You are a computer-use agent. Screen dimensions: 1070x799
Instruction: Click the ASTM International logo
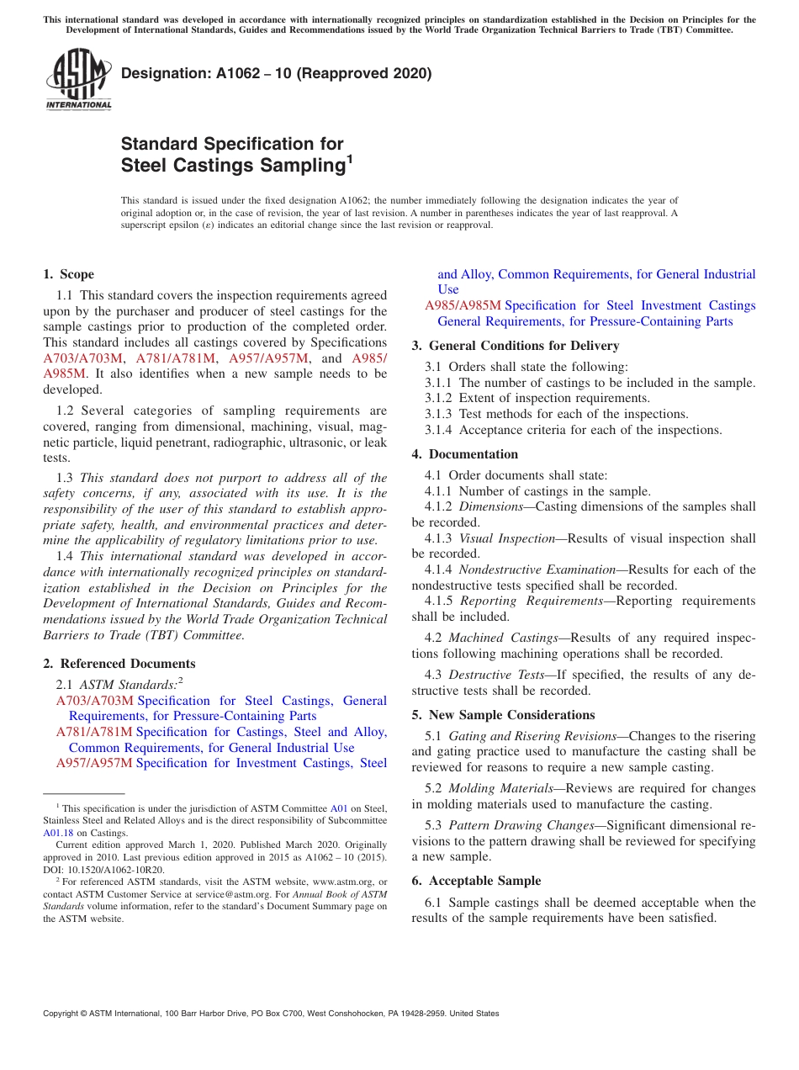78,81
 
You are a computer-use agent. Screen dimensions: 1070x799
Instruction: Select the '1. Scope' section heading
69,274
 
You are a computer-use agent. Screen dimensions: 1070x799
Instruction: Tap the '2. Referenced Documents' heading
119,664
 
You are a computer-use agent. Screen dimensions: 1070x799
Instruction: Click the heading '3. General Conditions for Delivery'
516,346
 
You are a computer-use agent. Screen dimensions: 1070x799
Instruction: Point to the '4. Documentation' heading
465,454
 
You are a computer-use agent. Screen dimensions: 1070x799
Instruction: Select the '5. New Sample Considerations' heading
503,715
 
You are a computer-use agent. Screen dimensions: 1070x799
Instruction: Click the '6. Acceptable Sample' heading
476,881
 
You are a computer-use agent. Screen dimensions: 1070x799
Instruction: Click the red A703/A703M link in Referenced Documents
95,701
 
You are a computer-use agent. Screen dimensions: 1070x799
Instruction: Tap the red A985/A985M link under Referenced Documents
463,305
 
